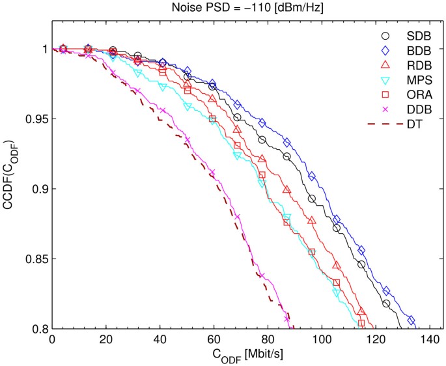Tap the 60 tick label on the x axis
214,340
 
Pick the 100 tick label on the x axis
322,340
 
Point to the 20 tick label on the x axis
105,340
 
